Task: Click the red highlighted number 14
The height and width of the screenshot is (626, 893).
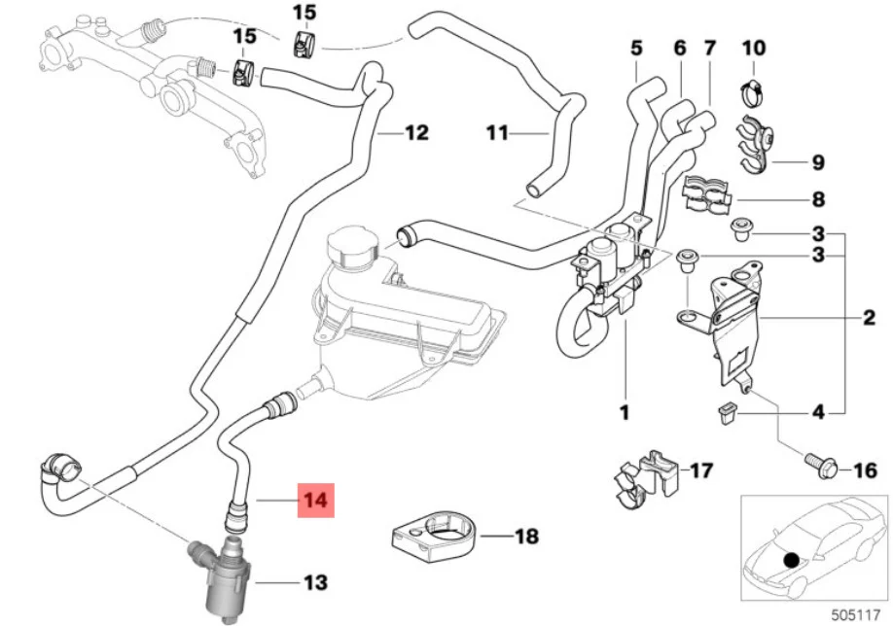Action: [x=315, y=501]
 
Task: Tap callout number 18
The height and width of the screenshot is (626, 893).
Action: [x=527, y=536]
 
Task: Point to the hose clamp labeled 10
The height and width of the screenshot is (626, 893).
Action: [x=752, y=93]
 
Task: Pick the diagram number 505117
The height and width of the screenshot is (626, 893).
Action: [x=855, y=615]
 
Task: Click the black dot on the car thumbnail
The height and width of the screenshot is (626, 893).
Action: [x=791, y=560]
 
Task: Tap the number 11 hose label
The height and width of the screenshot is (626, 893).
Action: [x=497, y=133]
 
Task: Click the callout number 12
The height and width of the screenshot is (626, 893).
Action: [x=417, y=132]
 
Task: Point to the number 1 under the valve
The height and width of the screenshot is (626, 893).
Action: [x=625, y=412]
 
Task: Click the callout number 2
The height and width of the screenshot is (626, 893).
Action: [x=869, y=317]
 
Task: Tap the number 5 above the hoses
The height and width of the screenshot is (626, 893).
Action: [x=636, y=48]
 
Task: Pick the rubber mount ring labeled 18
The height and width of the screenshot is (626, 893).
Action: [x=436, y=535]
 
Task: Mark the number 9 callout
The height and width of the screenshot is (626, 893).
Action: [x=818, y=162]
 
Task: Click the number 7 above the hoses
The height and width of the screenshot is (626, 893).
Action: [x=709, y=48]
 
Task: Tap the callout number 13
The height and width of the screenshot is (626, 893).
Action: [x=315, y=582]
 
